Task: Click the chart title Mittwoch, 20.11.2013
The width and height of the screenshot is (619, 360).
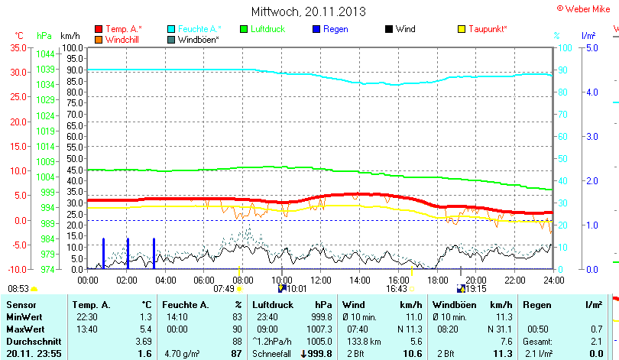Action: point(308,11)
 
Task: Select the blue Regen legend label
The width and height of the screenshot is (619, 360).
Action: point(335,29)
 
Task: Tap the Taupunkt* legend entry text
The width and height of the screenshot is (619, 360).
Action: point(488,29)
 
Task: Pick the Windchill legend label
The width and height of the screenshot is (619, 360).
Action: point(123,39)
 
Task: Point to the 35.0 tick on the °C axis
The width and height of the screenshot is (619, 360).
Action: point(16,47)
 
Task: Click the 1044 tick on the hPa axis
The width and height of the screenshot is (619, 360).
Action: point(45,54)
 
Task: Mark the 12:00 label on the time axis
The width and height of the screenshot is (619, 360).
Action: point(320,280)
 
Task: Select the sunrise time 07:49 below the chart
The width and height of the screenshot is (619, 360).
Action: point(224,289)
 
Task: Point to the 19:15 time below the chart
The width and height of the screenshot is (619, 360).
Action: point(476,289)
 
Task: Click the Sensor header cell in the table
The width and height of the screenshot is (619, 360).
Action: point(21,305)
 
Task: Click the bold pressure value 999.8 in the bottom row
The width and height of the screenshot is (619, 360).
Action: point(317,353)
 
